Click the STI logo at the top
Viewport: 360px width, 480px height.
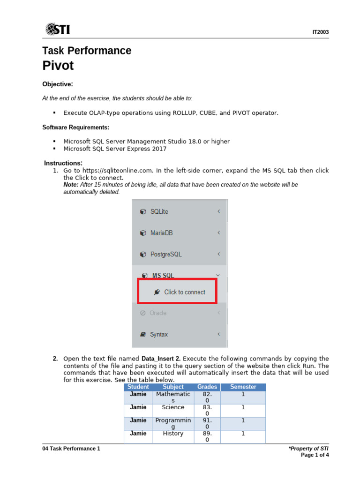pos(58,29)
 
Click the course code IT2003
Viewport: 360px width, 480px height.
pos(320,32)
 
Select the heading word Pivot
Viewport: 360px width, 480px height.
pos(58,66)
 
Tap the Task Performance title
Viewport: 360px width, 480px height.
pos(87,51)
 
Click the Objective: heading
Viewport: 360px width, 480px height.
pos(58,84)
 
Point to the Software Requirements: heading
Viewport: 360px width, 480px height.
pos(76,127)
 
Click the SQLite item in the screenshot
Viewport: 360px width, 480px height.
pos(159,211)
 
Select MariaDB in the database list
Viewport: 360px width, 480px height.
pos(161,233)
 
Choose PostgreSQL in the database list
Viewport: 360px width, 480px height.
pos(165,255)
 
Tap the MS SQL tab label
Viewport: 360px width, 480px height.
pos(163,276)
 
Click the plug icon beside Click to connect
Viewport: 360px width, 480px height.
pos(157,292)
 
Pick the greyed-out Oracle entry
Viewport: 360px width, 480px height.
pos(158,313)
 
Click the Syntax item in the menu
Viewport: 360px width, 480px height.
pos(158,335)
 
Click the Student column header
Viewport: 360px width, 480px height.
pos(138,387)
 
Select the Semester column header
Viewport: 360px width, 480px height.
pos(243,387)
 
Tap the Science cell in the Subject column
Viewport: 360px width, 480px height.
pos(173,407)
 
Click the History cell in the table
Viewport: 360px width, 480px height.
pos(173,434)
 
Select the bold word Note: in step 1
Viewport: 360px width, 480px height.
pos(71,185)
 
